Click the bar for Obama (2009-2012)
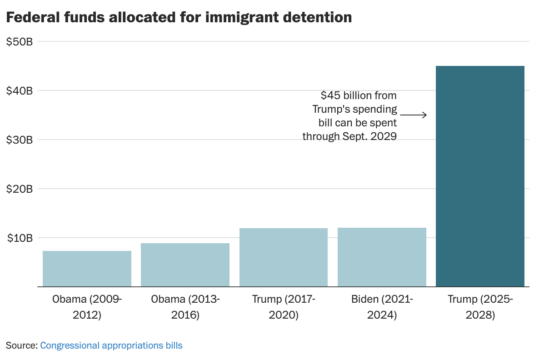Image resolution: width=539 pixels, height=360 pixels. click(87, 269)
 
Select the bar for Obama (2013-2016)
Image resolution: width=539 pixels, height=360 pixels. click(185, 265)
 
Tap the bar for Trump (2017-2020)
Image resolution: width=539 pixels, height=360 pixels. click(284, 257)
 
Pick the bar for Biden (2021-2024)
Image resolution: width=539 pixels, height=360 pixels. click(382, 257)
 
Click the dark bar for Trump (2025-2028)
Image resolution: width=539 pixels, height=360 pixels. click(480, 176)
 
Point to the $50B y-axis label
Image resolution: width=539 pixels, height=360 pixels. click(20, 42)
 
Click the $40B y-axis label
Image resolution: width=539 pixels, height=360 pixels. click(20, 91)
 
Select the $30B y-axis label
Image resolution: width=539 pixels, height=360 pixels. click(20, 140)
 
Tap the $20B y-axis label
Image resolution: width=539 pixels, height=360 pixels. click(20, 189)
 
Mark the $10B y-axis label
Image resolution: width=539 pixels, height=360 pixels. click(20, 238)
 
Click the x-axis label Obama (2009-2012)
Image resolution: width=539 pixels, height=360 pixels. click(87, 307)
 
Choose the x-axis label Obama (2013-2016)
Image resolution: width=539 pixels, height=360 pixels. click(185, 307)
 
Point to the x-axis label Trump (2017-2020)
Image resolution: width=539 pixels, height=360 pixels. click(284, 307)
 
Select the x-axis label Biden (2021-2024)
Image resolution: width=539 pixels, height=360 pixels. click(382, 307)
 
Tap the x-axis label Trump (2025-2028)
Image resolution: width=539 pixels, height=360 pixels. click(480, 307)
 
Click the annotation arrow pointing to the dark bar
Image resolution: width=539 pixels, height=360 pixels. click(413, 115)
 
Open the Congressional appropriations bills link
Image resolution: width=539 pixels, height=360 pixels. click(111, 345)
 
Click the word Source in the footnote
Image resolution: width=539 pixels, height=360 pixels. click(21, 345)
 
